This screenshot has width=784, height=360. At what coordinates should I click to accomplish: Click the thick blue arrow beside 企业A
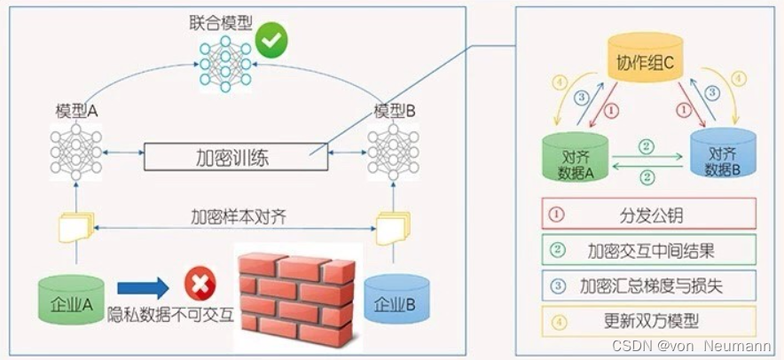point(145,286)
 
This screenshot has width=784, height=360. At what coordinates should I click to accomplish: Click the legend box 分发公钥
point(648,214)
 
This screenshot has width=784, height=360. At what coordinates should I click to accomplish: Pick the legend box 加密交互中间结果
point(648,250)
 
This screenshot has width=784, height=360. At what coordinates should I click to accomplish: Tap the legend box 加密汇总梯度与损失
point(648,285)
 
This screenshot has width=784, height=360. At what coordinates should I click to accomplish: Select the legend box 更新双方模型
point(648,320)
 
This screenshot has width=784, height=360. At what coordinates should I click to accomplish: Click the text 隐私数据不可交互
point(170,313)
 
